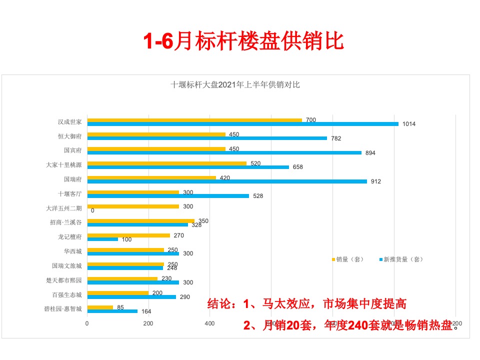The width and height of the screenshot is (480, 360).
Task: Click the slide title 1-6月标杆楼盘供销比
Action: pos(243,42)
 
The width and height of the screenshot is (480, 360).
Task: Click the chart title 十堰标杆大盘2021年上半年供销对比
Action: pos(235,85)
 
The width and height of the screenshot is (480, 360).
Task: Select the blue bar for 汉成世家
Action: pos(242,123)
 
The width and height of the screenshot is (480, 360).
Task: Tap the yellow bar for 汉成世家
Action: pos(194,120)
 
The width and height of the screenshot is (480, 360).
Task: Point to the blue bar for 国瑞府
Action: pos(227,181)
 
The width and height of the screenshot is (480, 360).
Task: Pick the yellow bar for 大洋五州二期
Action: pos(133,206)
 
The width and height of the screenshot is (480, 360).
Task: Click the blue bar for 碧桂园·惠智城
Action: pos(112,311)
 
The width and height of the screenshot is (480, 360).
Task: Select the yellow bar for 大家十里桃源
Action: pos(167,163)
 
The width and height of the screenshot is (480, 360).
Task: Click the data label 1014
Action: pos(409,124)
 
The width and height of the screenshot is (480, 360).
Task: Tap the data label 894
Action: pos(370,153)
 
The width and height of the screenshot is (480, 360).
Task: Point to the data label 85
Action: pos(120,307)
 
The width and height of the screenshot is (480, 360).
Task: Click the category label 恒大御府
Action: pos(69,136)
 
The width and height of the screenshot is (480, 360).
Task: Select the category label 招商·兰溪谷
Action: pos(66,222)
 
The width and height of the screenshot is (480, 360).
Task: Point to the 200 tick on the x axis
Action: pos(148,323)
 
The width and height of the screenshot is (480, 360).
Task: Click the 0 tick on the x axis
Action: pos(87,323)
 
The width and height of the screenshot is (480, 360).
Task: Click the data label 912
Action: pos(375,181)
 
